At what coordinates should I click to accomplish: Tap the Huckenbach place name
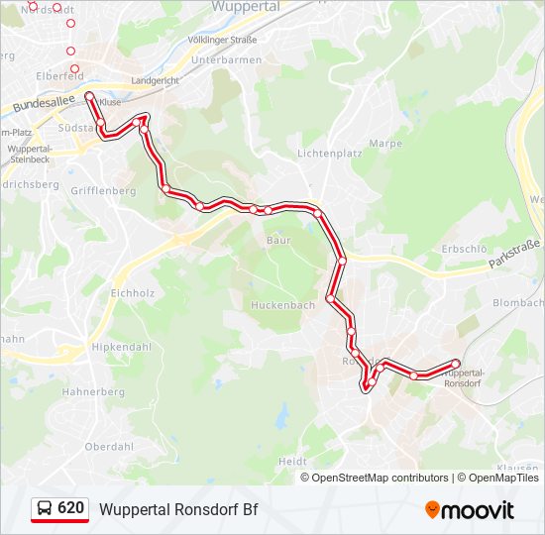pyautogui.click(x=282, y=305)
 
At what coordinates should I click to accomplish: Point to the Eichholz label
pyautogui.click(x=133, y=293)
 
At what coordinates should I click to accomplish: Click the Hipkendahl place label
pyautogui.click(x=122, y=347)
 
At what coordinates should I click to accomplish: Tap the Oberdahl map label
pyautogui.click(x=109, y=447)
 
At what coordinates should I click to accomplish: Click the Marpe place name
pyautogui.click(x=385, y=144)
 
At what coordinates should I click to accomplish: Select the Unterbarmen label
pyautogui.click(x=226, y=59)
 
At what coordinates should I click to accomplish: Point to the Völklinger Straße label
pyautogui.click(x=222, y=40)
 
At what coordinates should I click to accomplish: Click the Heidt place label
pyautogui.click(x=292, y=462)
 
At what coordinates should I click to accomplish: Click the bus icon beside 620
pyautogui.click(x=45, y=509)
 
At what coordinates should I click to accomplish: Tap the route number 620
pyautogui.click(x=70, y=508)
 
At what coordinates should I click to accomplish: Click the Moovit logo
pyautogui.click(x=470, y=510)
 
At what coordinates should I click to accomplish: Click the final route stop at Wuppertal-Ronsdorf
pyautogui.click(x=457, y=363)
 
